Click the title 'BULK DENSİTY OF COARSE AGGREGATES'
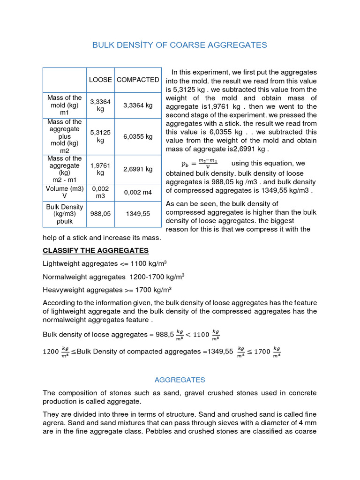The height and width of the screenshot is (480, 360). pyautogui.click(x=180, y=45)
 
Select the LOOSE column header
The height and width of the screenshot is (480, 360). pyautogui.click(x=100, y=80)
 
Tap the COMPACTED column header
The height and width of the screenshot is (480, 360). pyautogui.click(x=137, y=80)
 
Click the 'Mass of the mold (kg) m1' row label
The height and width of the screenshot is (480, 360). pyautogui.click(x=64, y=105)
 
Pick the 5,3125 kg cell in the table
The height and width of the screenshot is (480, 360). pyautogui.click(x=100, y=136)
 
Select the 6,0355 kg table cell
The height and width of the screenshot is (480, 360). pyautogui.click(x=137, y=136)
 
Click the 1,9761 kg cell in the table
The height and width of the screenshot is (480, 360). pyautogui.click(x=100, y=169)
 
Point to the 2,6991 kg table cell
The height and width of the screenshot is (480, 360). pyautogui.click(x=137, y=169)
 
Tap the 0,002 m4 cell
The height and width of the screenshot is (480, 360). pyautogui.click(x=137, y=192)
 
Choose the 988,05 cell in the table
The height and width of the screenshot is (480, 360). pyautogui.click(x=100, y=213)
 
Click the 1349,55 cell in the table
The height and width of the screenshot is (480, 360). pyautogui.click(x=137, y=213)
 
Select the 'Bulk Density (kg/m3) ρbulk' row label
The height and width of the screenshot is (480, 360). pyautogui.click(x=64, y=214)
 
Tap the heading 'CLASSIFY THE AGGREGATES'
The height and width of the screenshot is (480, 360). pyautogui.click(x=96, y=250)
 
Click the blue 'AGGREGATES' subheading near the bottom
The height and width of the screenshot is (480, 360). pyautogui.click(x=180, y=380)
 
